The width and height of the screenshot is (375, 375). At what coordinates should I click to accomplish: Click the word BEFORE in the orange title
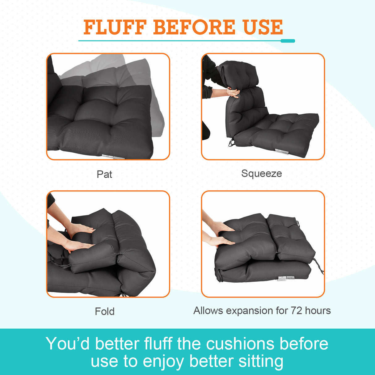tap(194, 27)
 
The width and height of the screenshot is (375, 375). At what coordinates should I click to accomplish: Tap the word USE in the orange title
tap(263, 27)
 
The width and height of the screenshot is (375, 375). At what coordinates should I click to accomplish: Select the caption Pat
tap(104, 174)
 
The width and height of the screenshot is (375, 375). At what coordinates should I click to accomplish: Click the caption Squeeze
tap(261, 174)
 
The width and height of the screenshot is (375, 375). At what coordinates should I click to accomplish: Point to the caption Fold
tap(105, 311)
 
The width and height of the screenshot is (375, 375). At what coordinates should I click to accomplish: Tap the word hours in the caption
tap(318, 310)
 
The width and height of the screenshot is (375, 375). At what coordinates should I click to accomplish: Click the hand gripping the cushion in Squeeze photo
tap(233, 92)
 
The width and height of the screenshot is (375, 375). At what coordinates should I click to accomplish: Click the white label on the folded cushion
tap(286, 278)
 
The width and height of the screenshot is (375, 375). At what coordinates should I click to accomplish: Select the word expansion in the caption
tap(251, 310)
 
